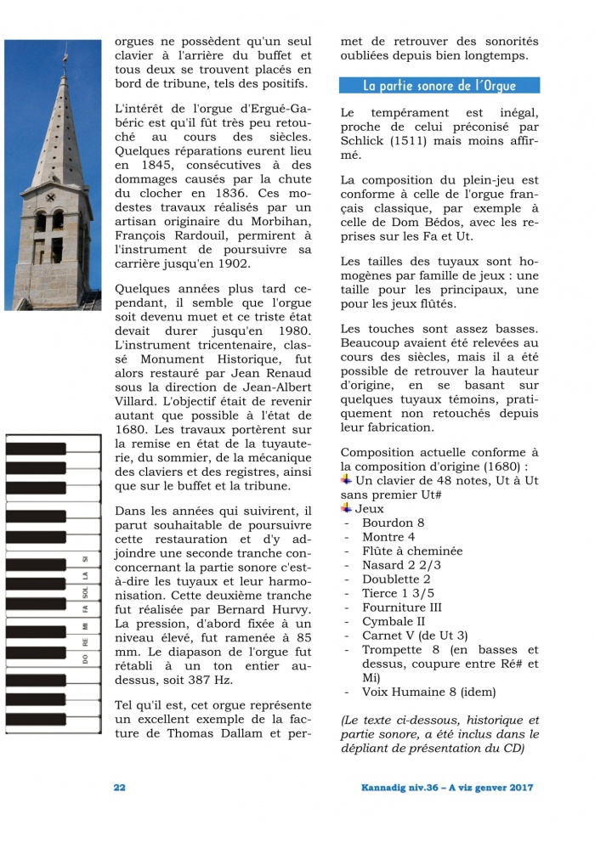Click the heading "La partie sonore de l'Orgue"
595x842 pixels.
[x=439, y=86]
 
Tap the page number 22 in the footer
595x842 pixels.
[x=120, y=788]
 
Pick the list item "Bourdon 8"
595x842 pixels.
[x=393, y=523]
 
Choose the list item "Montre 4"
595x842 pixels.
[x=388, y=537]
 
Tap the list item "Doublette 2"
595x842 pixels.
[x=396, y=579]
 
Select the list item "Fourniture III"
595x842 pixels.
[x=401, y=607]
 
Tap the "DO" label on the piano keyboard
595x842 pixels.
[x=85, y=659]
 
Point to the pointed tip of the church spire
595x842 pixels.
[x=65, y=44]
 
